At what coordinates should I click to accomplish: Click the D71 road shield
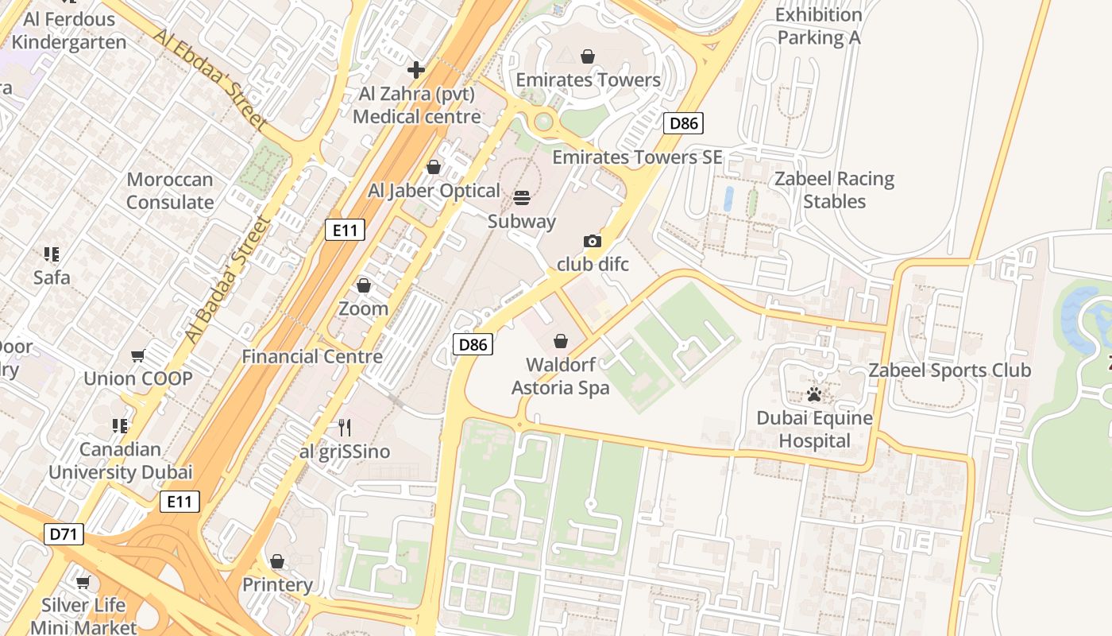tap(64, 534)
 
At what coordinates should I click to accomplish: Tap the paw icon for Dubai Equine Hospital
tap(814, 394)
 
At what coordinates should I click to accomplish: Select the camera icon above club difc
tap(592, 241)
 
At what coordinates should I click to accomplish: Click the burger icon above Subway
tap(522, 197)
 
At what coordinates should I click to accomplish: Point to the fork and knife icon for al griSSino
tap(345, 428)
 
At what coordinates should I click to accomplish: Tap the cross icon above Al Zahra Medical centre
tap(416, 70)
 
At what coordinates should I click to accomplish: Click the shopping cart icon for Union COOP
tap(138, 355)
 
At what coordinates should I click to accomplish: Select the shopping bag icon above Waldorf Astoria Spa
tap(561, 341)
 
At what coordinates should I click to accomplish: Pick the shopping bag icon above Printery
tap(277, 561)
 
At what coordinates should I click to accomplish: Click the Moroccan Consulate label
tap(170, 191)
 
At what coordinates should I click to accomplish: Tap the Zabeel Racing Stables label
tap(834, 190)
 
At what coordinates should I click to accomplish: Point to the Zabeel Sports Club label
tap(949, 370)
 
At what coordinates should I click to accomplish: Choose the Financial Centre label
tap(312, 357)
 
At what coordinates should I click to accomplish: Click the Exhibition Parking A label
tap(818, 26)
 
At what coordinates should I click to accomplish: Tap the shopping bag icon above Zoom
tap(364, 285)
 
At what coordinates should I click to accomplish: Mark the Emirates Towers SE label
tap(637, 157)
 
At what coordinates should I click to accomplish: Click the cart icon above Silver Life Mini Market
tap(83, 582)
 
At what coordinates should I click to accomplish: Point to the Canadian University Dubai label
tap(121, 461)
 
